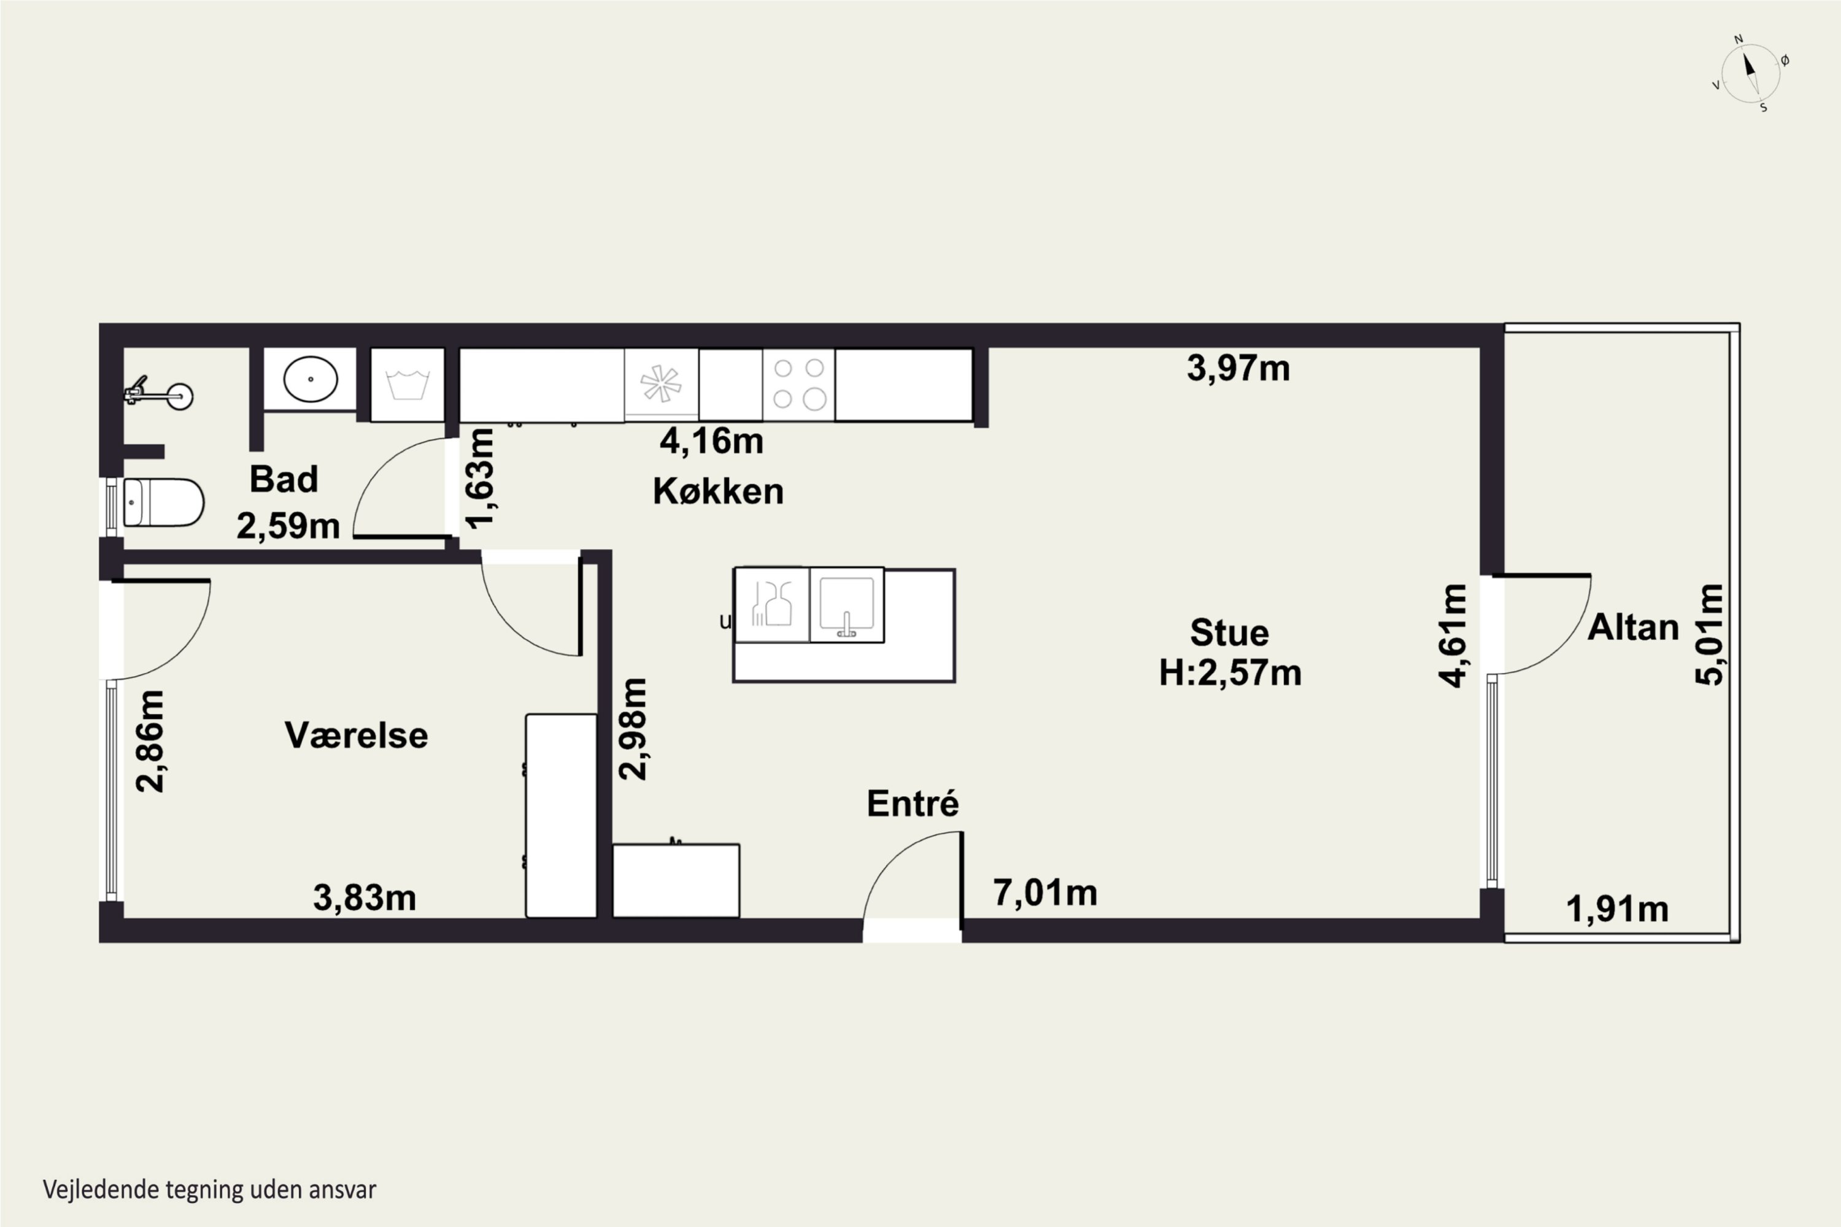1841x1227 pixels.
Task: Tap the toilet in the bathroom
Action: tap(163, 502)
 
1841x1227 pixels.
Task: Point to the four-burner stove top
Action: tap(798, 384)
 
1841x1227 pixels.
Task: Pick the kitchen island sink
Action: tap(846, 605)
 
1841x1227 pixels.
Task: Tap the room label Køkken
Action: tap(718, 491)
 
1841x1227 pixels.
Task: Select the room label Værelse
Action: tap(356, 735)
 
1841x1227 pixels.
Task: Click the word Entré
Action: tap(913, 803)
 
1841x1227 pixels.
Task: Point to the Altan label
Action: tap(1633, 627)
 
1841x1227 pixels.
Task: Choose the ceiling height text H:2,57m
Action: tap(1230, 672)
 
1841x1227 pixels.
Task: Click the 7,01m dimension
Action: tap(1045, 892)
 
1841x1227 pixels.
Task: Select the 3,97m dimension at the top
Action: tap(1238, 367)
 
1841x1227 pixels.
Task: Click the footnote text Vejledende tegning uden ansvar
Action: tap(210, 1190)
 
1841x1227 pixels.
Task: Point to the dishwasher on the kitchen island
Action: tap(772, 605)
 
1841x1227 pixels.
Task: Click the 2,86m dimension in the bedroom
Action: tap(150, 741)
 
